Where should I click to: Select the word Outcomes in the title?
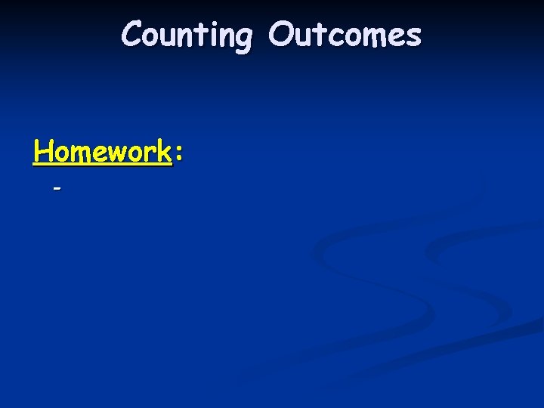click(x=345, y=36)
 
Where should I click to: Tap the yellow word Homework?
click(x=103, y=152)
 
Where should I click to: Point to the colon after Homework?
click(x=179, y=155)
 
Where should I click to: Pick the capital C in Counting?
click(x=132, y=35)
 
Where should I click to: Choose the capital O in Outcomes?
click(x=281, y=35)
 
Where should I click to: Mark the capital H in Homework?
click(x=42, y=152)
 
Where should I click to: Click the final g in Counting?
click(x=242, y=39)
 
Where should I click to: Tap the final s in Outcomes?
click(x=413, y=37)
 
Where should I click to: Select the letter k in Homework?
click(x=165, y=152)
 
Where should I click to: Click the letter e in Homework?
click(x=98, y=154)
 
